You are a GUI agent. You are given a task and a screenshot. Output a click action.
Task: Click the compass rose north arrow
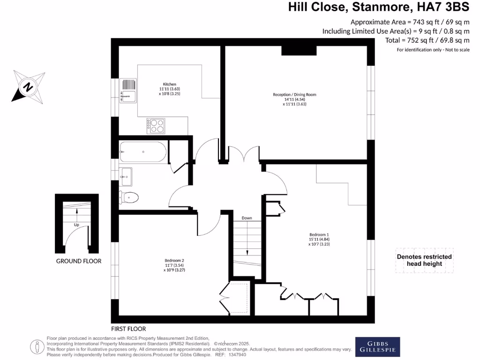[29, 86]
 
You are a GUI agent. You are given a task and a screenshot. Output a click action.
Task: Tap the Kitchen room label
[169, 89]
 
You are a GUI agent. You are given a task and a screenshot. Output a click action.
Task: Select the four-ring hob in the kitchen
[156, 125]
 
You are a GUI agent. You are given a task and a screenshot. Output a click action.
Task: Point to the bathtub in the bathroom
[143, 152]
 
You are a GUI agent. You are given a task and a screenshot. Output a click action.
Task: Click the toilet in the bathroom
[129, 198]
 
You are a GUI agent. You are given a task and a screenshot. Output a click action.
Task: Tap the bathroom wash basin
[126, 176]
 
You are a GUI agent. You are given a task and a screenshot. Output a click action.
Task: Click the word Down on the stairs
[247, 218]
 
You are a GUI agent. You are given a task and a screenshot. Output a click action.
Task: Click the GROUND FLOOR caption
[79, 261]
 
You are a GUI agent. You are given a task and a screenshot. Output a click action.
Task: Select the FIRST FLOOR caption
[128, 329]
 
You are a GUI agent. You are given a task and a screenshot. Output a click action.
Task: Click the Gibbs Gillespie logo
[377, 346]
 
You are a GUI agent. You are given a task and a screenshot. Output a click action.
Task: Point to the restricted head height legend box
[424, 260]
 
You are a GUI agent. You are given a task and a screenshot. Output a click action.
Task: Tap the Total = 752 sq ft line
[427, 40]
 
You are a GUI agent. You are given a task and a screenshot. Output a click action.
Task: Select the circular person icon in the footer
[37, 346]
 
